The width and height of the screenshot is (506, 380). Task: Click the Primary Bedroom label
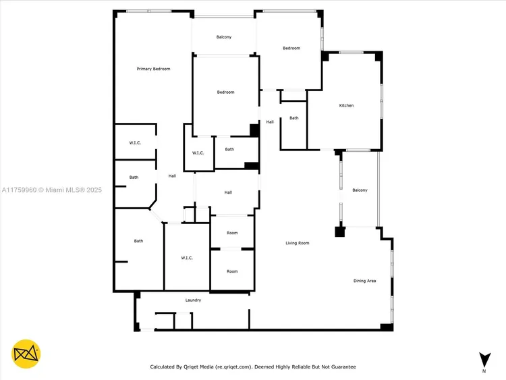pos(153,69)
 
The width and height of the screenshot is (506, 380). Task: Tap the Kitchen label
pos(346,105)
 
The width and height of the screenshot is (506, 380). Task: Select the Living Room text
pos(297,243)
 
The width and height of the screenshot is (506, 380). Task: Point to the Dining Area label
pos(365,281)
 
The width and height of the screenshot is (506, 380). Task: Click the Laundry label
pos(194,300)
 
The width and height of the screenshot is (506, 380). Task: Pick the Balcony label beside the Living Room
pos(360,190)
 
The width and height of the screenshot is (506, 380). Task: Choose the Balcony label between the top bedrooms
pos(224,37)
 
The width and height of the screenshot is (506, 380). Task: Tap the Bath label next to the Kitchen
pos(293,118)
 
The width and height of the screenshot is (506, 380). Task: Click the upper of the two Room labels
pos(232,233)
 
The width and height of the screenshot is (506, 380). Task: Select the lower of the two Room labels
pos(232,271)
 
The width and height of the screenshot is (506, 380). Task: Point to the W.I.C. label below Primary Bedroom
pos(135,143)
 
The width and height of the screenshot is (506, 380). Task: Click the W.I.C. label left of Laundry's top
pos(188,258)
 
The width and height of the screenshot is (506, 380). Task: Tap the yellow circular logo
pos(26,354)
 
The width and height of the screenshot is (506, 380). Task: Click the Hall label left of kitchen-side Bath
pos(270,122)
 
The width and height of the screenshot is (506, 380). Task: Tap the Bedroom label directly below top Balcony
pos(225,92)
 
